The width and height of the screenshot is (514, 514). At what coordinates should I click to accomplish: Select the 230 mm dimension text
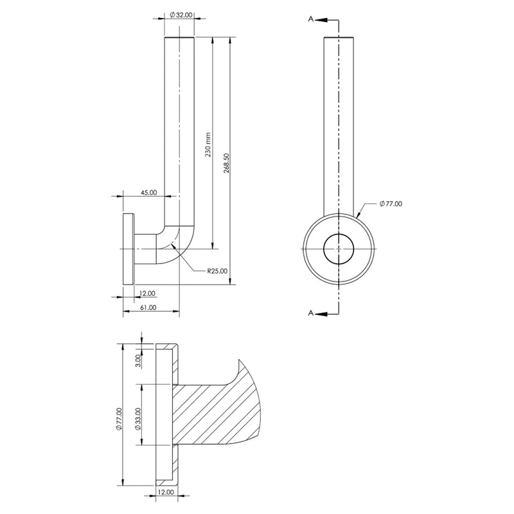[208, 145]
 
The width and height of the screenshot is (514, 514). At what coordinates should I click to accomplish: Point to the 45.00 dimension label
[149, 192]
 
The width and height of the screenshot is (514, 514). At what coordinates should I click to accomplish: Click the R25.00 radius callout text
[217, 271]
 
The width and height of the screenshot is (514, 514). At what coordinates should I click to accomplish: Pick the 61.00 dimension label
[148, 308]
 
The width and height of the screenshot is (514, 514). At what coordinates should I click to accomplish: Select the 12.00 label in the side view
[147, 294]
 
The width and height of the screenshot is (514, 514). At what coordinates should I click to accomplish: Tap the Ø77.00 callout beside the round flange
[391, 204]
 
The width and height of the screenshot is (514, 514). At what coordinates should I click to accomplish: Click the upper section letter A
[311, 19]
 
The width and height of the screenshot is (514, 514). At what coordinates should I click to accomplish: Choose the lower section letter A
[311, 313]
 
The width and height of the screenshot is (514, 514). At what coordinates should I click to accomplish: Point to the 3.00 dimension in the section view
[138, 360]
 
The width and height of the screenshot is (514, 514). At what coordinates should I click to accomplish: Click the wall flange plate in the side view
[128, 249]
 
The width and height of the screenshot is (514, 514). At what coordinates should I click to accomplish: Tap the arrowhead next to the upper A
[323, 20]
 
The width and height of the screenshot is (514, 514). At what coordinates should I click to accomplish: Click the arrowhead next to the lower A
[323, 314]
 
